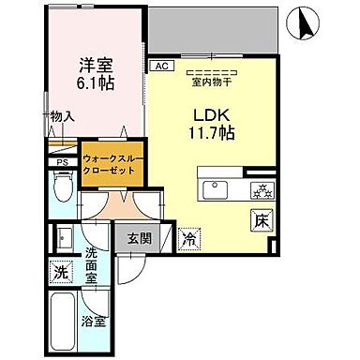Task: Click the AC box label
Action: tap(160, 67)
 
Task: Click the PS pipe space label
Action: tap(63, 162)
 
